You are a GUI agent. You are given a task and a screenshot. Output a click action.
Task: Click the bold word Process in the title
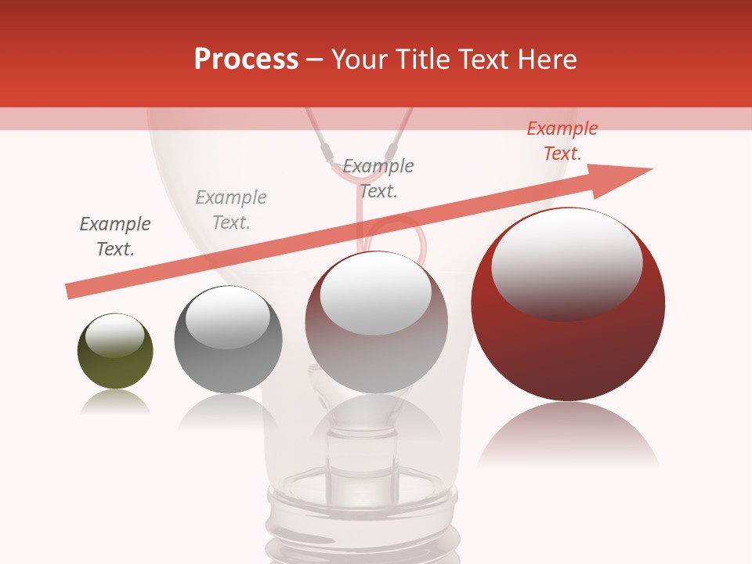[246, 60]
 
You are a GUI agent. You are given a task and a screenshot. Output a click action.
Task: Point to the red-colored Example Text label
[562, 141]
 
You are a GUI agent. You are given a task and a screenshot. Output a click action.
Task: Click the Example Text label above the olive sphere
[115, 237]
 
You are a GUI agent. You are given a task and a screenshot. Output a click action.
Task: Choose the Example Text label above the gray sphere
[231, 210]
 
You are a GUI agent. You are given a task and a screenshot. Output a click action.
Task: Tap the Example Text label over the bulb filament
[378, 179]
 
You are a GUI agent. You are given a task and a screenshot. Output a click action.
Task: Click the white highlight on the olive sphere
[115, 336]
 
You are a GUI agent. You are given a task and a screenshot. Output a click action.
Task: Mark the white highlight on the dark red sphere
[566, 262]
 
